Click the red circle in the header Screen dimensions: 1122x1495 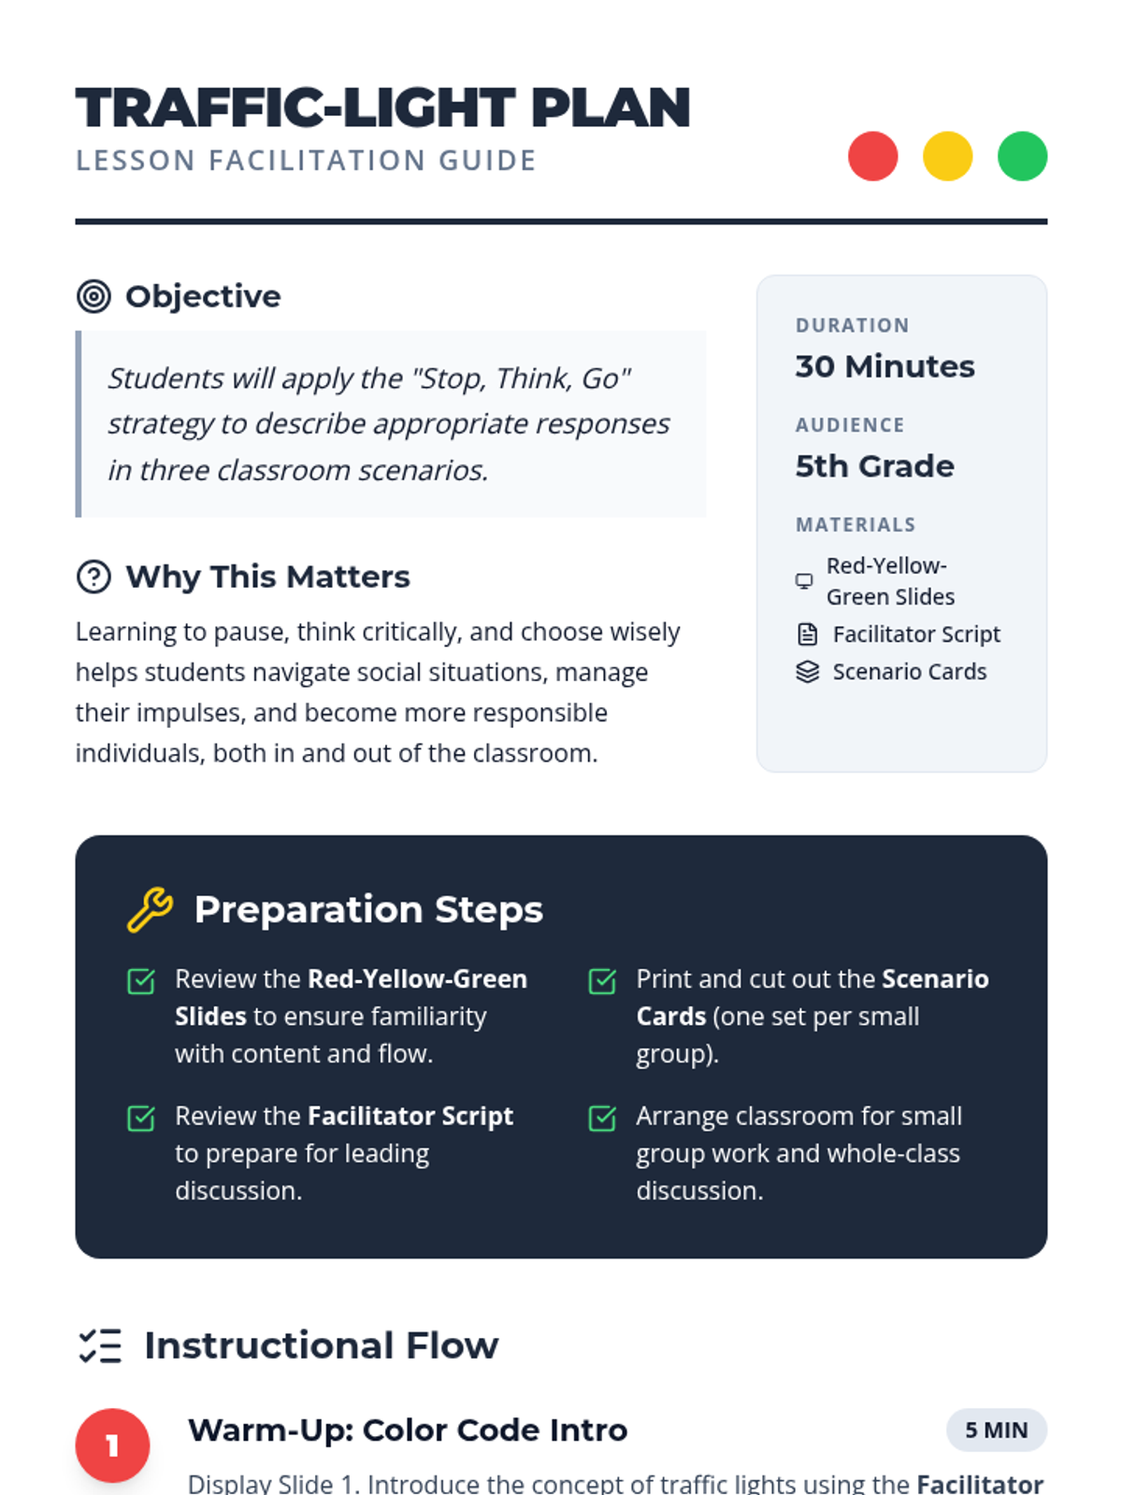(x=872, y=156)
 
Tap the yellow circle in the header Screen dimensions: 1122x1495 (x=947, y=156)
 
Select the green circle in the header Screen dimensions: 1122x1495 (x=1022, y=156)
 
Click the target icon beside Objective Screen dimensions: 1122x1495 (x=93, y=296)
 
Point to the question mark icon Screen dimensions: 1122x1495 (x=93, y=577)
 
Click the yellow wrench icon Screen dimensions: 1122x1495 (x=150, y=909)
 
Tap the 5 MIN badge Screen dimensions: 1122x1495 (x=996, y=1430)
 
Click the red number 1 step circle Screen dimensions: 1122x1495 (x=112, y=1445)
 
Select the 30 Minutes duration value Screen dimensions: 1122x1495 (x=885, y=366)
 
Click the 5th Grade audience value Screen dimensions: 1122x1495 (x=875, y=466)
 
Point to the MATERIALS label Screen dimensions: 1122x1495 (x=856, y=524)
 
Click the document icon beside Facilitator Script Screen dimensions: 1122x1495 (x=807, y=634)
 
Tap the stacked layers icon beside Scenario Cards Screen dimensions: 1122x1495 (x=807, y=672)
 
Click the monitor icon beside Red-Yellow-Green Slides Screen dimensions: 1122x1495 (x=804, y=581)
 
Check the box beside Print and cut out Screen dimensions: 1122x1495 (x=602, y=981)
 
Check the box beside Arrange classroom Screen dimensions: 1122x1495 (x=602, y=1118)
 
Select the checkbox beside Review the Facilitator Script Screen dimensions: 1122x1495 (x=141, y=1118)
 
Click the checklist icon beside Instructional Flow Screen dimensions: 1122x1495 (x=99, y=1345)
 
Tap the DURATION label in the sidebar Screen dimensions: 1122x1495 (x=852, y=325)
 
